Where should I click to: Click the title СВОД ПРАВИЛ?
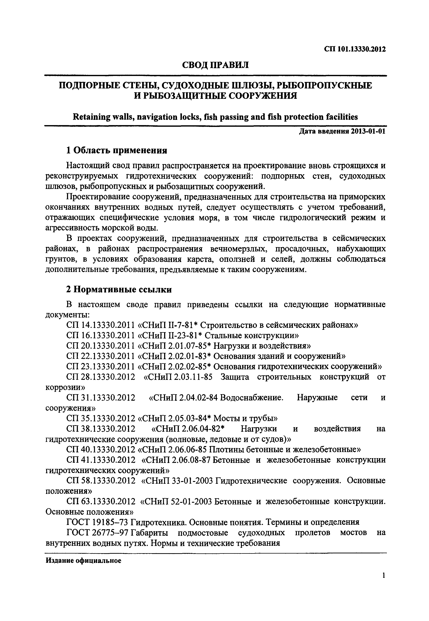(215, 65)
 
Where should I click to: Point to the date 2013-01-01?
(368, 132)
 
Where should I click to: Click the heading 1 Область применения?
(117, 150)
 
